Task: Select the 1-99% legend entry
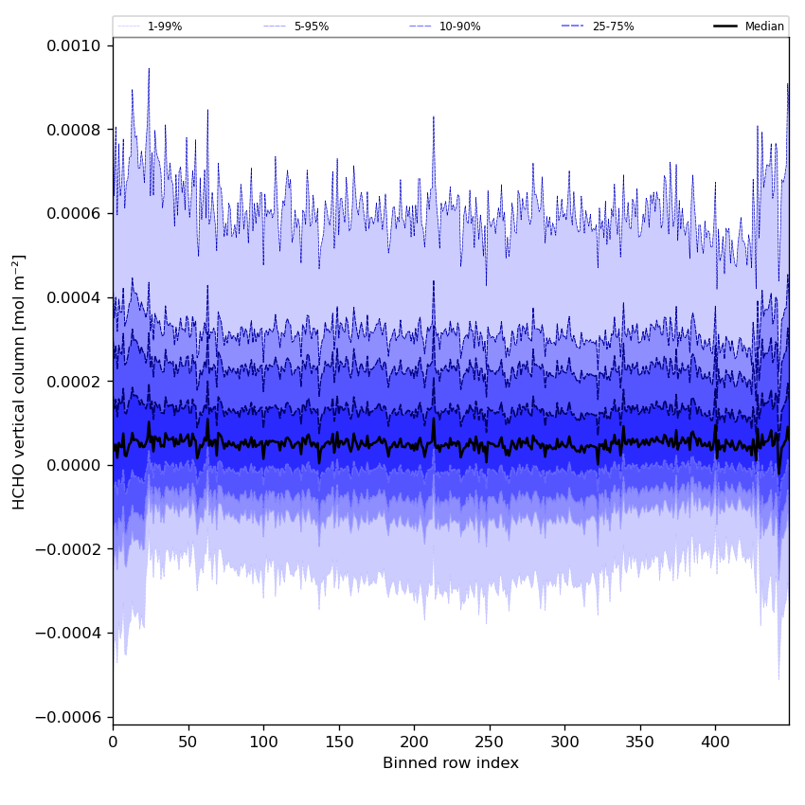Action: (164, 27)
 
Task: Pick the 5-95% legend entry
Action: (311, 27)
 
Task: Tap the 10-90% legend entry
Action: (459, 27)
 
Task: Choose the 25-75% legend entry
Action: (613, 27)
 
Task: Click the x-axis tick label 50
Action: (188, 742)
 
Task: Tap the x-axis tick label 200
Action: (414, 742)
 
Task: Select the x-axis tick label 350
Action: (640, 742)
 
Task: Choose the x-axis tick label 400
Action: (715, 742)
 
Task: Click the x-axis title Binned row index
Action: (451, 763)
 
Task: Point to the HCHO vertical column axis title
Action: (20, 382)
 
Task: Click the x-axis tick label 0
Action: (113, 742)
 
